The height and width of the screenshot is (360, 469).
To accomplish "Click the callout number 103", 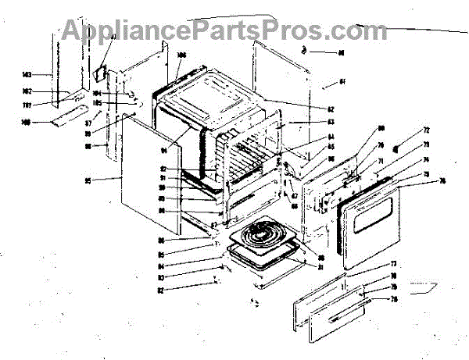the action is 27,75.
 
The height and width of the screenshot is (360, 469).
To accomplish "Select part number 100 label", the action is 27,123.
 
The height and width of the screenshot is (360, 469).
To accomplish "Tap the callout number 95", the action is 89,181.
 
